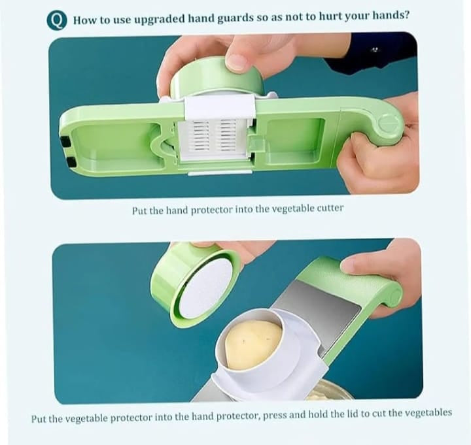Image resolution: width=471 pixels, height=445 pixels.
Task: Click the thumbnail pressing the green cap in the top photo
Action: (236, 62)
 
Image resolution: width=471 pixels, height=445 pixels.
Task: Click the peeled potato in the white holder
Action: (253, 343)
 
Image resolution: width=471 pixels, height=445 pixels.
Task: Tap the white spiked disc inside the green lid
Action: (204, 287)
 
